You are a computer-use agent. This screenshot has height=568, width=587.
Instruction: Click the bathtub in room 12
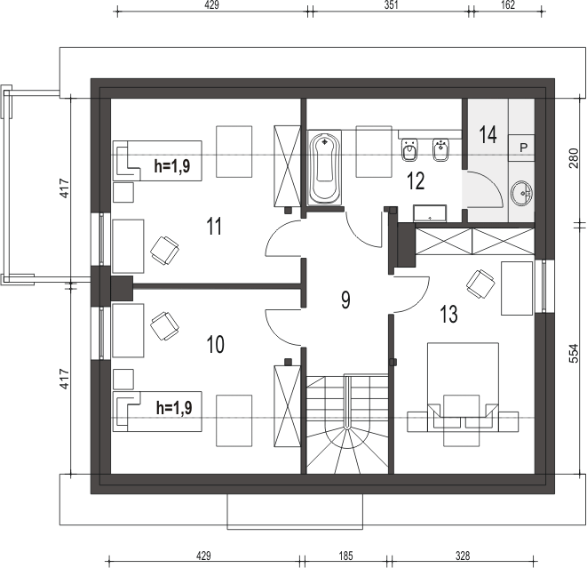[324, 167]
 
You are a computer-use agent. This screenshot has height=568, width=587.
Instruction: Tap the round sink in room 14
[522, 193]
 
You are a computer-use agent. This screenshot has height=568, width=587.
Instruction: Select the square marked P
[521, 148]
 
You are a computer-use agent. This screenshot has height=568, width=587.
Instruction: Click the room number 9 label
[345, 300]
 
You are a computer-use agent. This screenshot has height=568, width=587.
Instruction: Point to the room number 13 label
[448, 314]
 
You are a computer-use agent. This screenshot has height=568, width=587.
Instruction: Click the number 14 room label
[488, 135]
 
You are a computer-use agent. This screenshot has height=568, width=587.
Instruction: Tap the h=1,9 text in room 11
[172, 165]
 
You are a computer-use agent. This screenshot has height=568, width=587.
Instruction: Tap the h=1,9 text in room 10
[174, 408]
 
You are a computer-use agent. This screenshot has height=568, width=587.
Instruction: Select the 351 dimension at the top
[391, 4]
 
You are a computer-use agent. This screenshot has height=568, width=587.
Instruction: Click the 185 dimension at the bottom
[345, 556]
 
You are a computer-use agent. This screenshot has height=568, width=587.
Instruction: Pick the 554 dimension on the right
[574, 353]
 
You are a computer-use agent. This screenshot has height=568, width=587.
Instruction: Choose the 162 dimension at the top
[508, 4]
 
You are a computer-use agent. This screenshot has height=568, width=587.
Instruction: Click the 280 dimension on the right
[574, 158]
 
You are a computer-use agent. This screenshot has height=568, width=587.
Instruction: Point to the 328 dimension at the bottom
[463, 556]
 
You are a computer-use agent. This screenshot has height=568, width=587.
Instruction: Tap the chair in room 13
[480, 284]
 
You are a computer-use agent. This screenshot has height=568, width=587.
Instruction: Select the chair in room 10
[164, 325]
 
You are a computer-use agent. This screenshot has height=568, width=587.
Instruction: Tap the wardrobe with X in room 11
[287, 166]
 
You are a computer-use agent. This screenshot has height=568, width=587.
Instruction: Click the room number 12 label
[416, 181]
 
